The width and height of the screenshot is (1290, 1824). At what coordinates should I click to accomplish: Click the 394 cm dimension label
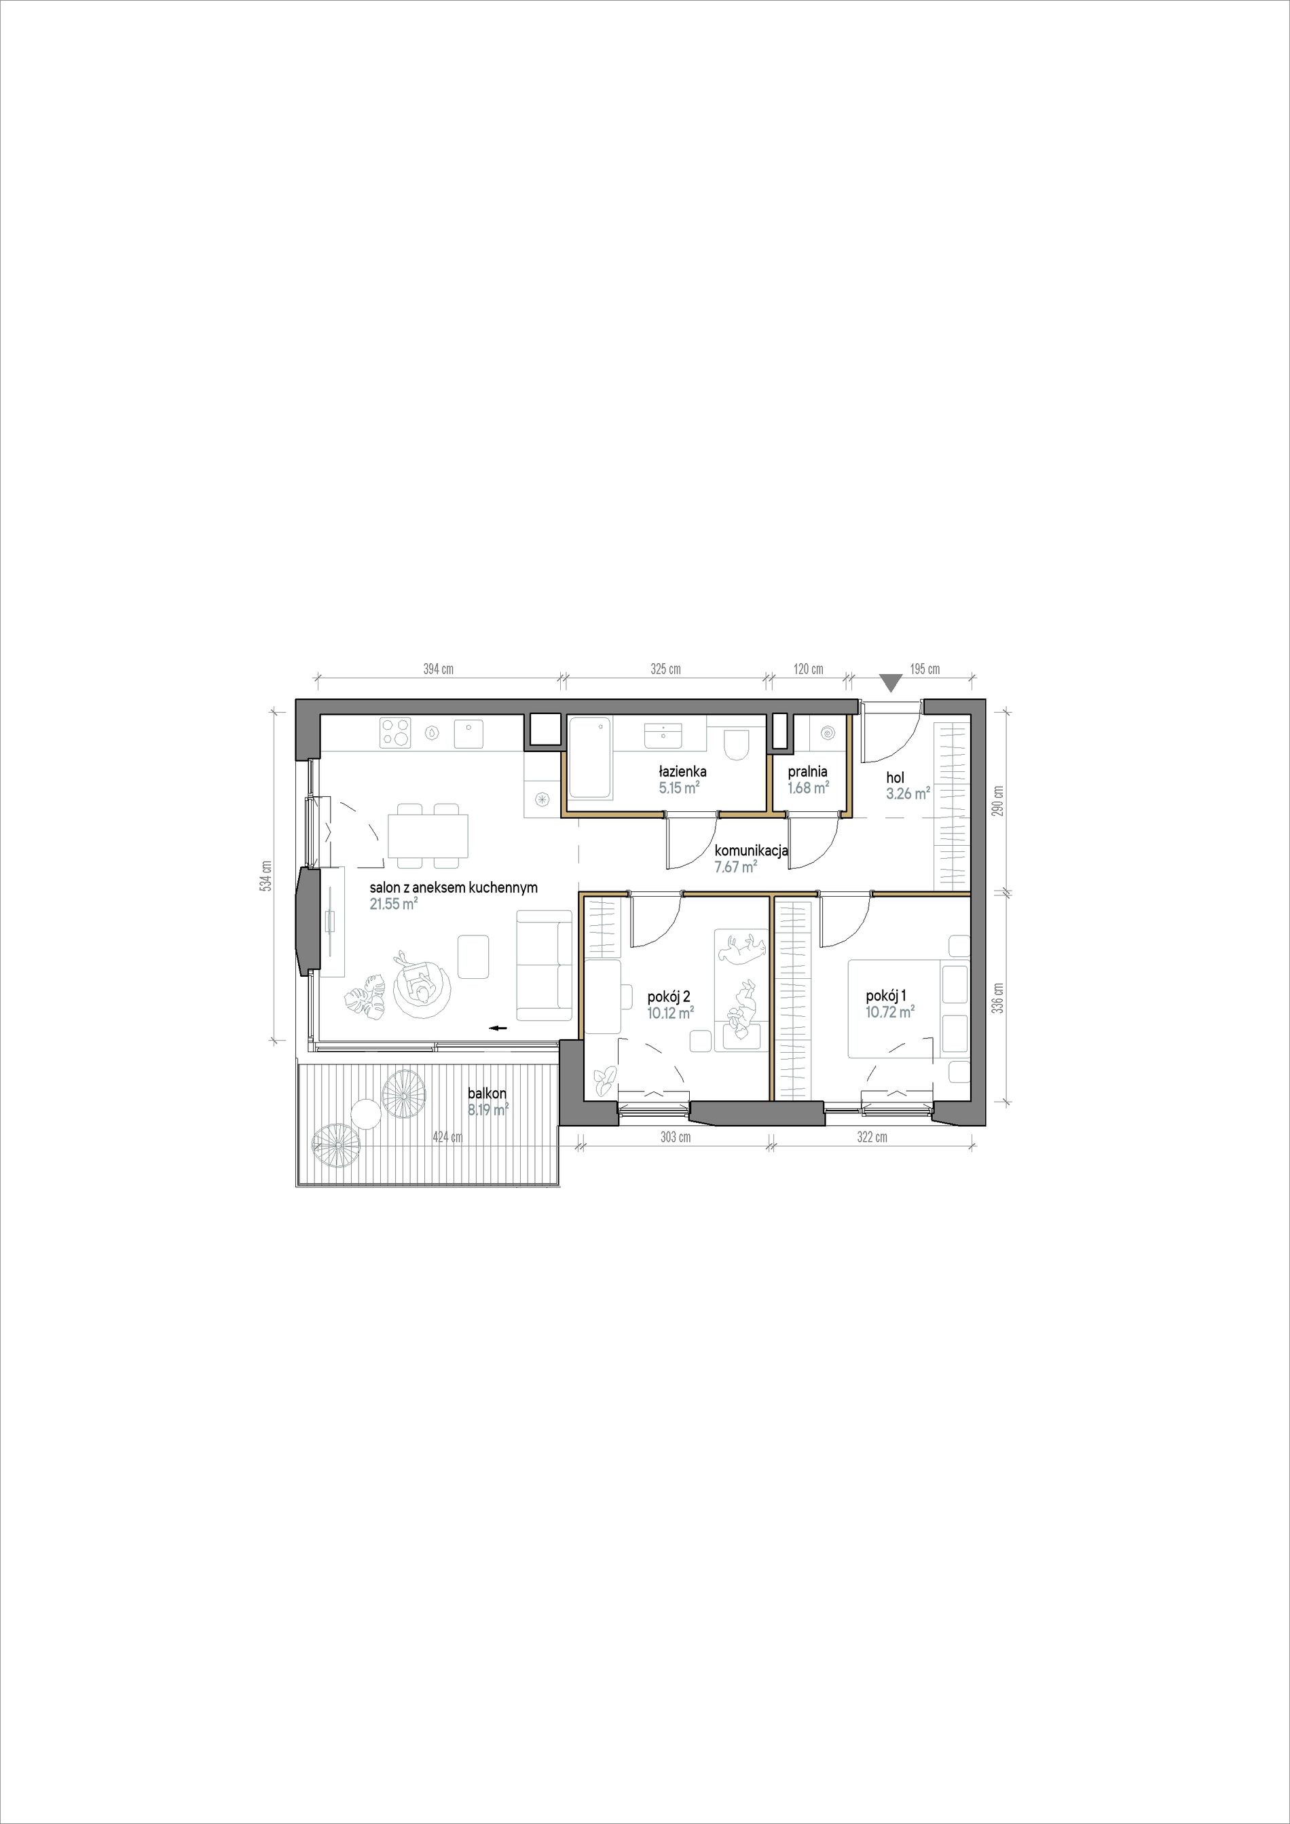coord(438,669)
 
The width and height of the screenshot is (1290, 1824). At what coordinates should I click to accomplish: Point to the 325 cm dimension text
coord(665,669)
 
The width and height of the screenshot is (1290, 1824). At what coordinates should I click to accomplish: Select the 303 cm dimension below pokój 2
coord(675,1137)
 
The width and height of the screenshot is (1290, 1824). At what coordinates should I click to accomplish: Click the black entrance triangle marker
coord(891,682)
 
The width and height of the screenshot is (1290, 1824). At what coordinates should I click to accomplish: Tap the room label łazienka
coord(682,771)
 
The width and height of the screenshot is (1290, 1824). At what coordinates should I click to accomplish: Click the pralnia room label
coord(808,771)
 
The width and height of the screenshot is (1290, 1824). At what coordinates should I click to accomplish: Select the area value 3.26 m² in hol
coord(908,793)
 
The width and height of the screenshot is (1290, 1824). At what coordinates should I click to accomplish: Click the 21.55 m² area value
coord(394,904)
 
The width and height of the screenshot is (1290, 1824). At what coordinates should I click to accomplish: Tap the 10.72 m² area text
coord(889,1011)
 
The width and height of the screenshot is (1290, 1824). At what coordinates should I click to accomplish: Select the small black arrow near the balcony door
coord(498,1028)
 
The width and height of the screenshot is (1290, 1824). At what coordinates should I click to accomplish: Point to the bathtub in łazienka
coord(590,756)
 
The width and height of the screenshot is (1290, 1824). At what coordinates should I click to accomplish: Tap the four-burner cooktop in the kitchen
coord(397,732)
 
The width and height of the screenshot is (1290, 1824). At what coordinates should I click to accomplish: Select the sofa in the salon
coord(544,965)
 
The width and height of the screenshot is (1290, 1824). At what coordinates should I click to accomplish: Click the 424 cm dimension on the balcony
coord(447,1137)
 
